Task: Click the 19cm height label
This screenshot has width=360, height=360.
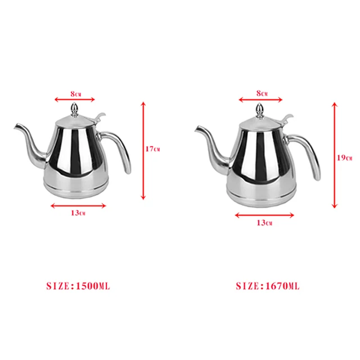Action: click(x=344, y=158)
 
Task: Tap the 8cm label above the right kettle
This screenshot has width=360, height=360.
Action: click(x=262, y=92)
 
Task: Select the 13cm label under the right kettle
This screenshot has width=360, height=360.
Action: click(x=264, y=223)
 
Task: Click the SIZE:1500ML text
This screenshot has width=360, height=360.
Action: click(x=78, y=286)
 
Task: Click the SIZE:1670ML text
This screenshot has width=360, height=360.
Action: click(x=268, y=286)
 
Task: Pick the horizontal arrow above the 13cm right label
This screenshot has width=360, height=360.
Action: click(x=264, y=214)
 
